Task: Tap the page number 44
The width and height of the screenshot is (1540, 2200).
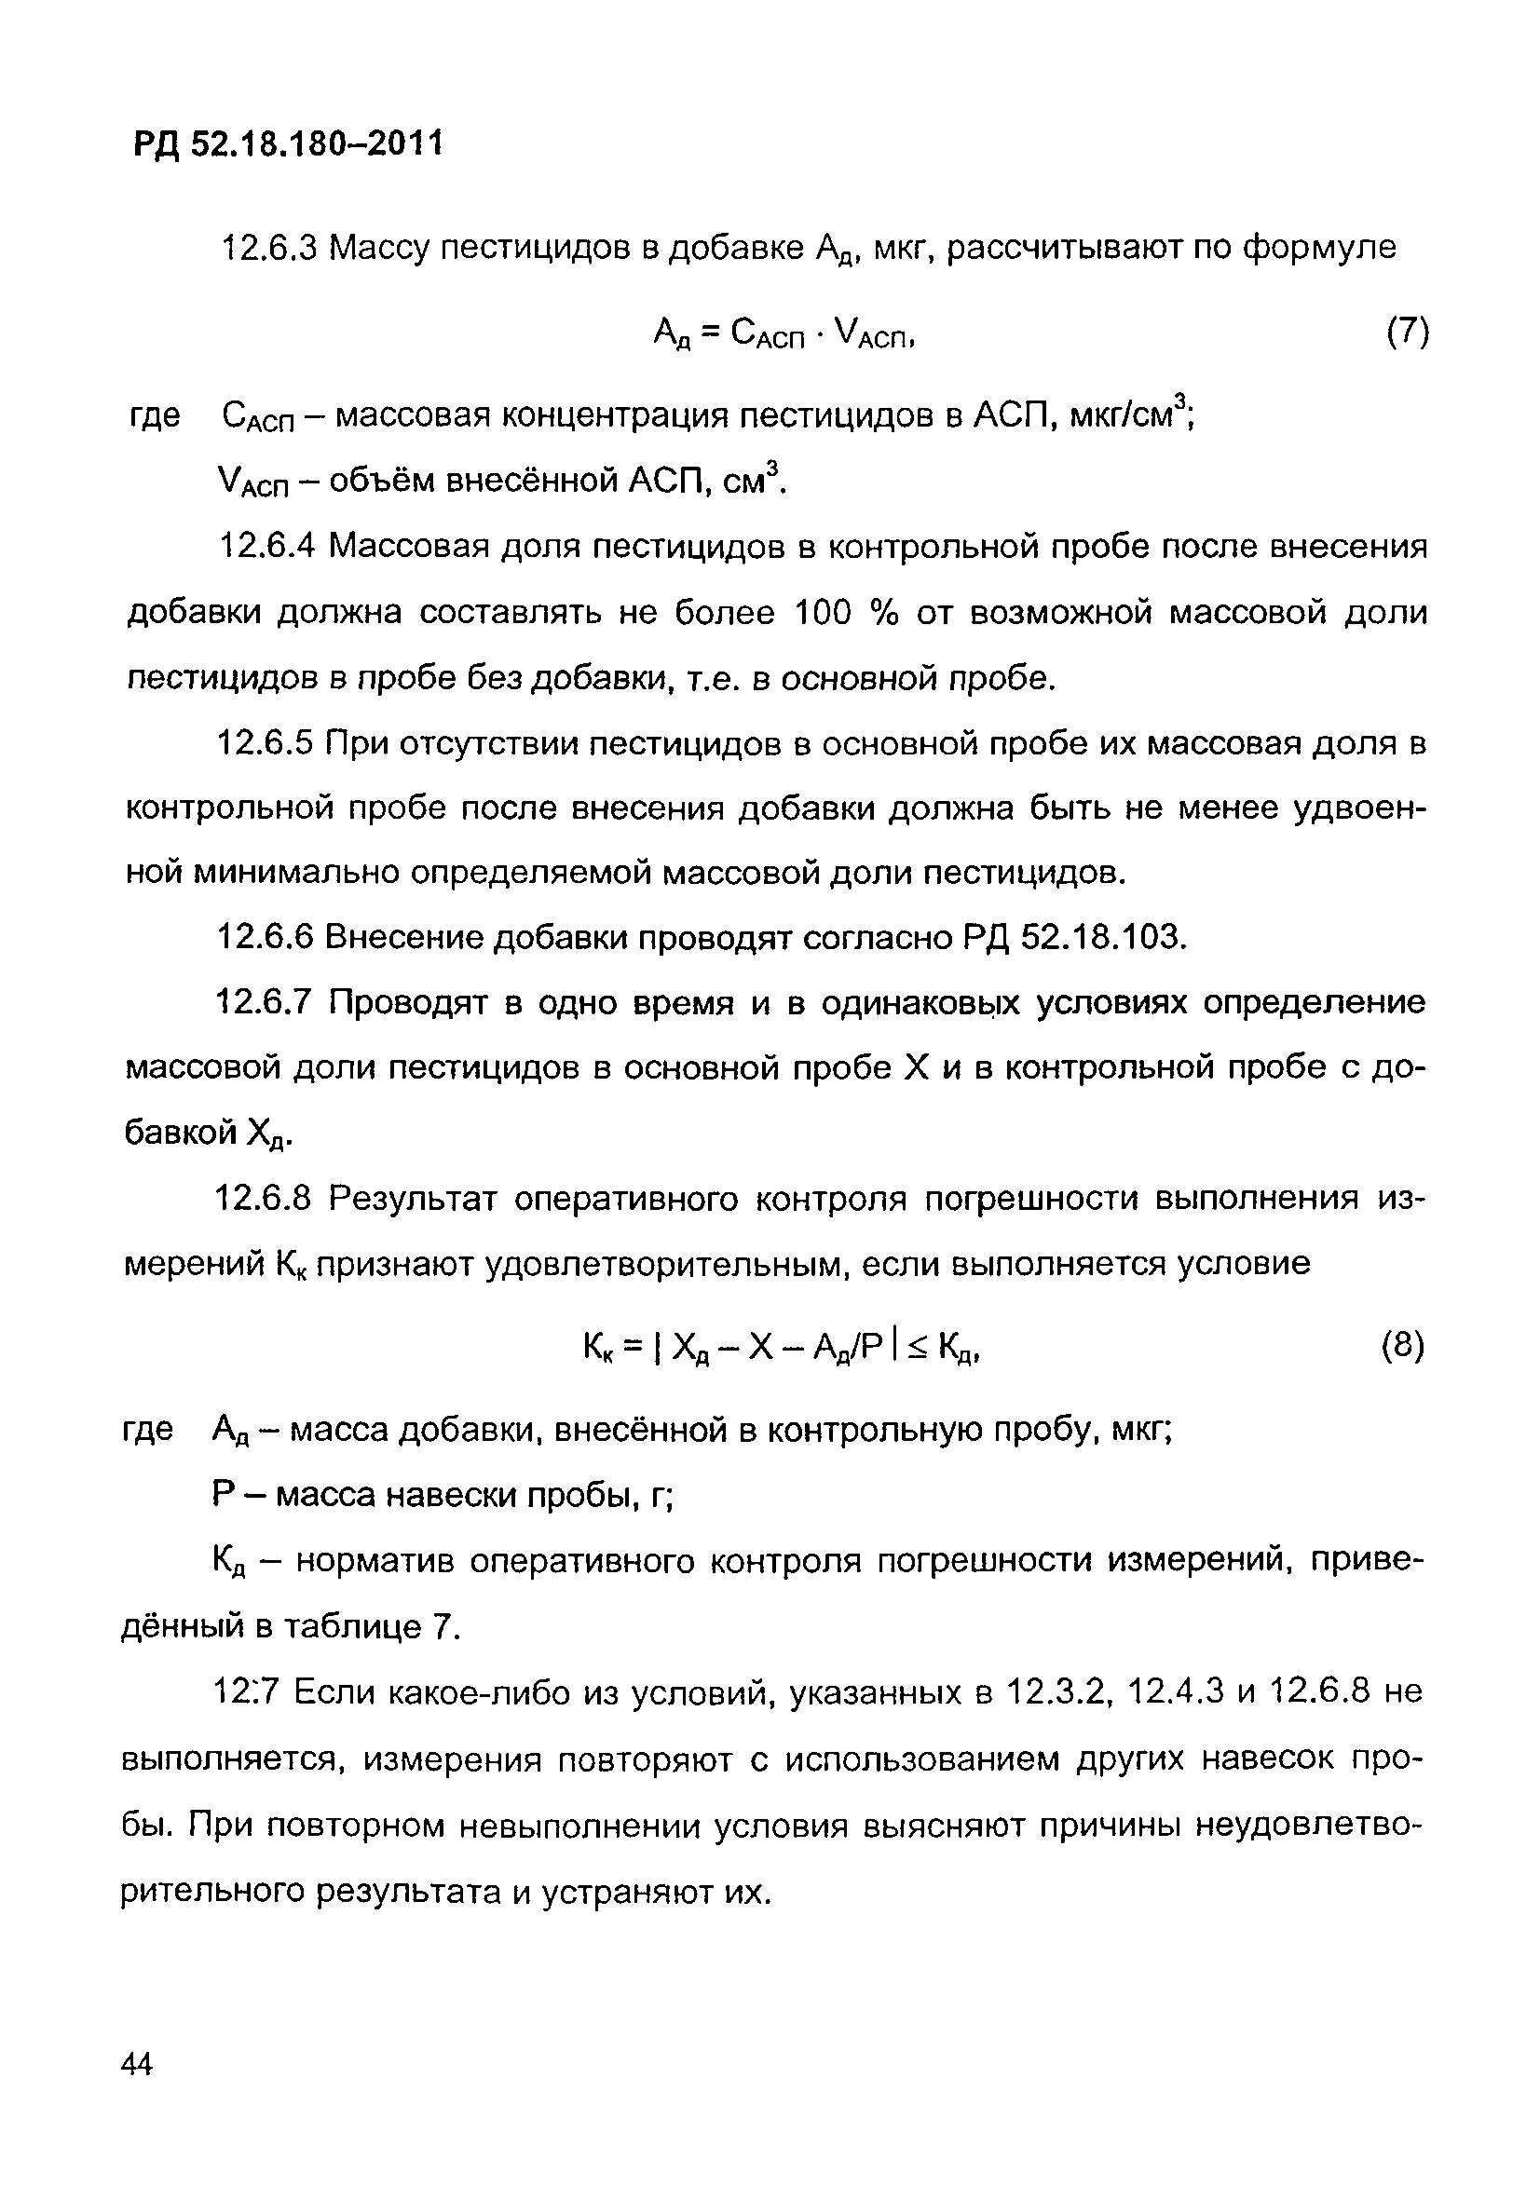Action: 137,2064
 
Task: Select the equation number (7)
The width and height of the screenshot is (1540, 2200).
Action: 1407,333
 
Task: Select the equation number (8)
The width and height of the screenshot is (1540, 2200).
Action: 1403,1346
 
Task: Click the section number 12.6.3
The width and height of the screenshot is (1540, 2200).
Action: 268,249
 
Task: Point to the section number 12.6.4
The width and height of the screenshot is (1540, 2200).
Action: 267,547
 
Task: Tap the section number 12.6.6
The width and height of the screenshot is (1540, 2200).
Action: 266,937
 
